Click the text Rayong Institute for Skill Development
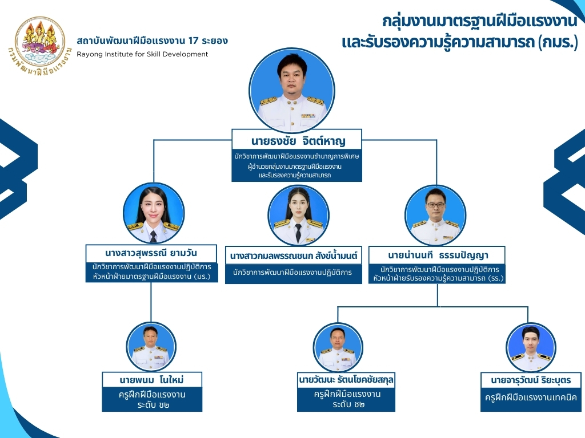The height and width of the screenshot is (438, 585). pyautogui.click(x=142, y=54)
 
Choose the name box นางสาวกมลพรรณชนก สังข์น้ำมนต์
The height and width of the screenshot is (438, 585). pyautogui.click(x=294, y=257)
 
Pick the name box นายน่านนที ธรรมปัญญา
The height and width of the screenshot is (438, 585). pyautogui.click(x=437, y=254)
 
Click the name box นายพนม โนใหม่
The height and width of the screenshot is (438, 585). pyautogui.click(x=152, y=380)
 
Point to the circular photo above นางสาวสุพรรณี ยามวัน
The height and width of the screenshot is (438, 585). pyautogui.click(x=153, y=213)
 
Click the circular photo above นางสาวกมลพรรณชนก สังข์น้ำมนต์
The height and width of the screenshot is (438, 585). pyautogui.click(x=298, y=216)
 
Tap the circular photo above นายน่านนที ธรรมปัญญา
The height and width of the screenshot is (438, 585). pyautogui.click(x=435, y=216)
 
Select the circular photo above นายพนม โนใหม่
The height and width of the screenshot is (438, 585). pyautogui.click(x=151, y=347)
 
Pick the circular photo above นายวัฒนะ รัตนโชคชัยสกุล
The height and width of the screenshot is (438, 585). pyautogui.click(x=338, y=347)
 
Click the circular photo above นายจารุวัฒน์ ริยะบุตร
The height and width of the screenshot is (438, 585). pyautogui.click(x=531, y=347)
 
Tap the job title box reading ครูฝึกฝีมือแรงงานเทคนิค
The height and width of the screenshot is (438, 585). pyautogui.click(x=531, y=398)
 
